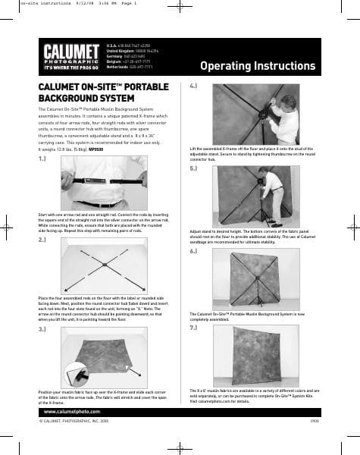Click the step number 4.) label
193,87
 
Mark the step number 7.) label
193,328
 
